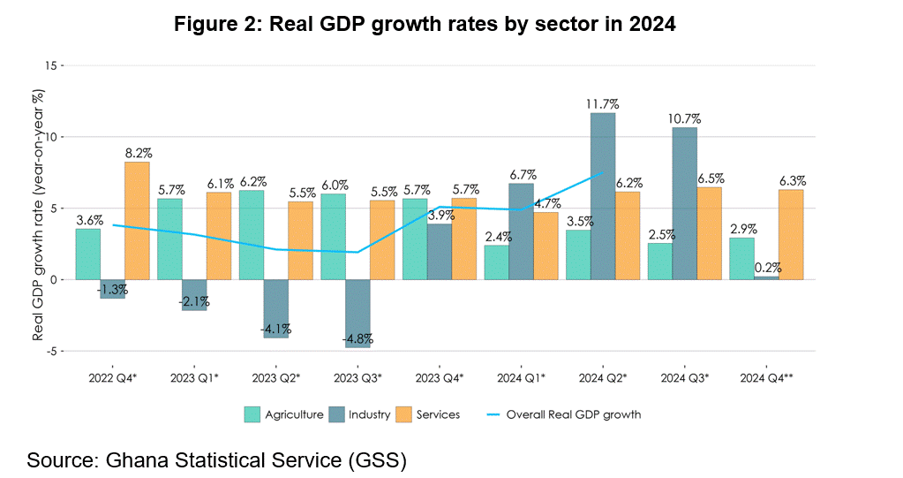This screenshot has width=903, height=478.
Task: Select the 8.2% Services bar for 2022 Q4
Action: [137, 221]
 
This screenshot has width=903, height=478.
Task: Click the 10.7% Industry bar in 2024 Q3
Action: [685, 203]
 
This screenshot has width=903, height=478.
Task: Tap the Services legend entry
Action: [438, 414]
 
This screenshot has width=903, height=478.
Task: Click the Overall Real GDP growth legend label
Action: [573, 414]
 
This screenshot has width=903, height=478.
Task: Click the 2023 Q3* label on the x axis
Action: [358, 377]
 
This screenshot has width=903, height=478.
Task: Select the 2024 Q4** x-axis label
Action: [766, 377]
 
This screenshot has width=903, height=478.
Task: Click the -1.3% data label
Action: [112, 289]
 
